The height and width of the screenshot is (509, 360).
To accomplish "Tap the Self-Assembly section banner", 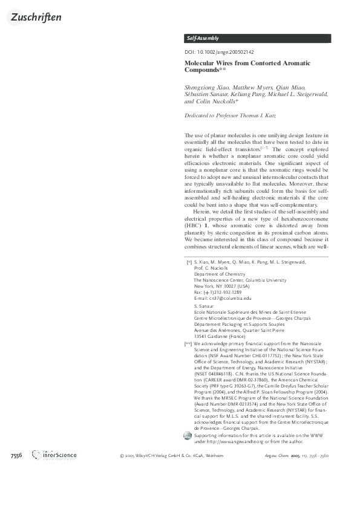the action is (203, 38).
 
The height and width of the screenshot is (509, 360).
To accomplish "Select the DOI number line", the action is (219, 52).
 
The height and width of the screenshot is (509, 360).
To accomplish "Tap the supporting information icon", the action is (188, 436).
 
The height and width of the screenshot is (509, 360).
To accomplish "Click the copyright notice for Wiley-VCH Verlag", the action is (167, 455).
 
